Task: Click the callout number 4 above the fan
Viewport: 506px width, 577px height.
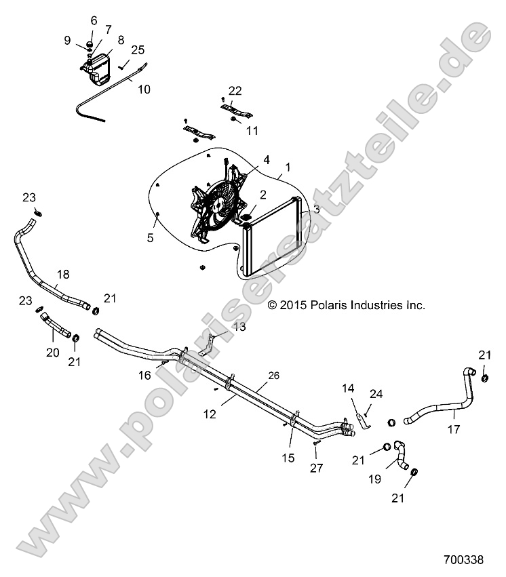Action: tap(247, 160)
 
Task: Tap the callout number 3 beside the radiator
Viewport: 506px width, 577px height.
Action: tap(316, 210)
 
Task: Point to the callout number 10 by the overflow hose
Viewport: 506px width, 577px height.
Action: tap(144, 89)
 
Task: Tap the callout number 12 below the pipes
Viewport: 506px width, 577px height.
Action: tap(210, 414)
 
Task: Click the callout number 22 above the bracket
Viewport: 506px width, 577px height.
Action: tap(235, 91)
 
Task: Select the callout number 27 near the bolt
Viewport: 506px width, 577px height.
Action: tap(316, 468)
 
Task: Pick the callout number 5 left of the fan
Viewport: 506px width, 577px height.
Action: tap(151, 238)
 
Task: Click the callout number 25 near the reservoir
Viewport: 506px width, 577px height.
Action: tap(138, 49)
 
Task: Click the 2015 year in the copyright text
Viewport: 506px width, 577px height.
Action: tap(292, 306)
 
